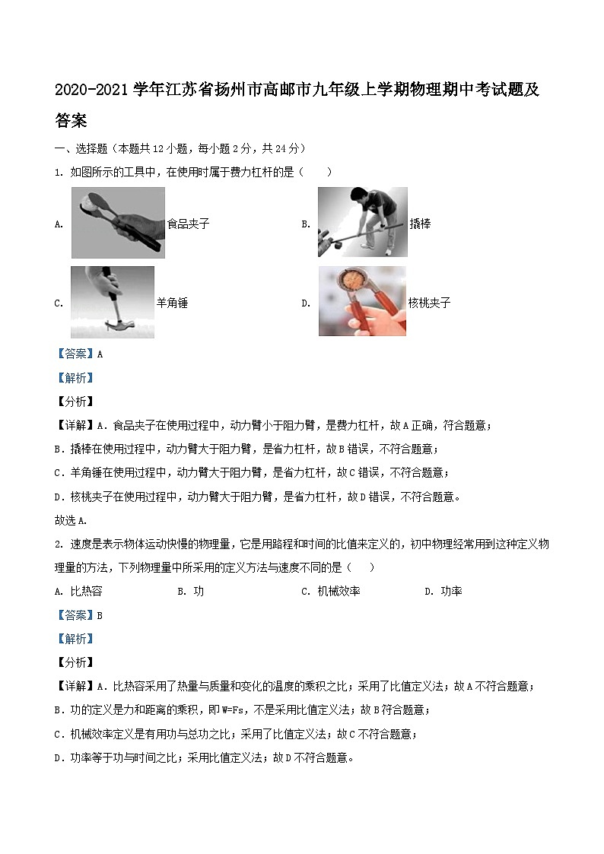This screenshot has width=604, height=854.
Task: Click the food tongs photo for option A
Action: [x=117, y=223]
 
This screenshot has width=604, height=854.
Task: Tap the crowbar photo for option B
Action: [x=362, y=222]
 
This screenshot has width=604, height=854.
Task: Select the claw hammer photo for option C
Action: [x=112, y=302]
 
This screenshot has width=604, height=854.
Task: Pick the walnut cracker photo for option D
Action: [x=362, y=301]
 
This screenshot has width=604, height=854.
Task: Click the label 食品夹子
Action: [x=188, y=224]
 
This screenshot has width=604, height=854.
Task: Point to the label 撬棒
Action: [x=420, y=224]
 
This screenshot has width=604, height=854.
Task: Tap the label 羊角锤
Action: [x=172, y=303]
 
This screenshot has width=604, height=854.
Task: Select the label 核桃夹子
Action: [x=430, y=303]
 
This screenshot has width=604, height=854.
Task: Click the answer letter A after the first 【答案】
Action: [x=100, y=354]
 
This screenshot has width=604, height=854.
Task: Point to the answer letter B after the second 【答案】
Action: [x=100, y=615]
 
